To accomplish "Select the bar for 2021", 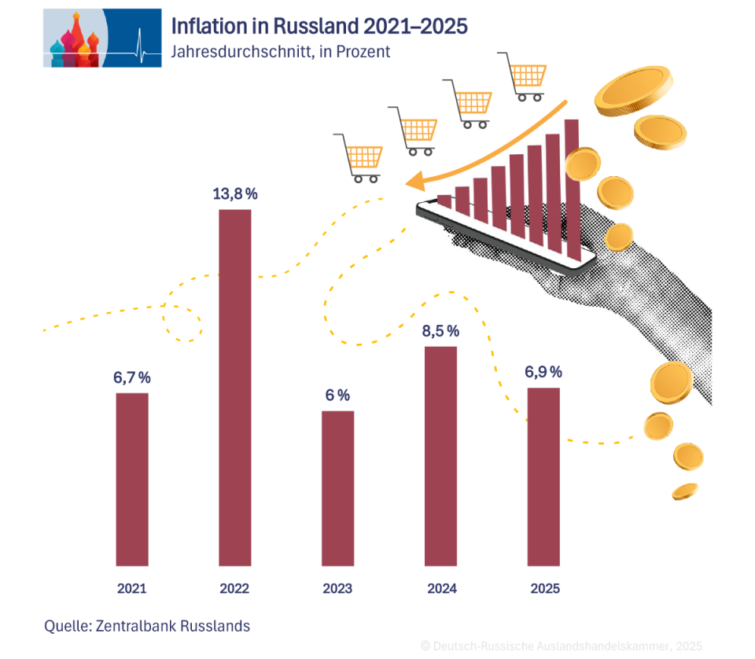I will (x=132, y=479).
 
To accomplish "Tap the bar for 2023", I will (x=337, y=488).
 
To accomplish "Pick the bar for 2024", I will (x=440, y=455).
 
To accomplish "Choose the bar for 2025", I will (x=543, y=476).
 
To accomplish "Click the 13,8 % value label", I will (x=235, y=193).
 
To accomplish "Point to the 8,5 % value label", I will (x=440, y=331).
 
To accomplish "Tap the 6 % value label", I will (x=337, y=395).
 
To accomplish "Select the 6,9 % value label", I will (x=543, y=372).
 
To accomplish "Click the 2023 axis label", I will (x=337, y=588).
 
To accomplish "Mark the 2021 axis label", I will (x=132, y=588).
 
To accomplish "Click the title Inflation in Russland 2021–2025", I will (x=319, y=26).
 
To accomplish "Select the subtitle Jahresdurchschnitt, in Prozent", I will (x=280, y=52).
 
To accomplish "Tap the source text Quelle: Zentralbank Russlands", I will (x=147, y=626).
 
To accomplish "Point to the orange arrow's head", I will (x=413, y=182).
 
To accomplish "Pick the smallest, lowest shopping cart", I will (x=359, y=157).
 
